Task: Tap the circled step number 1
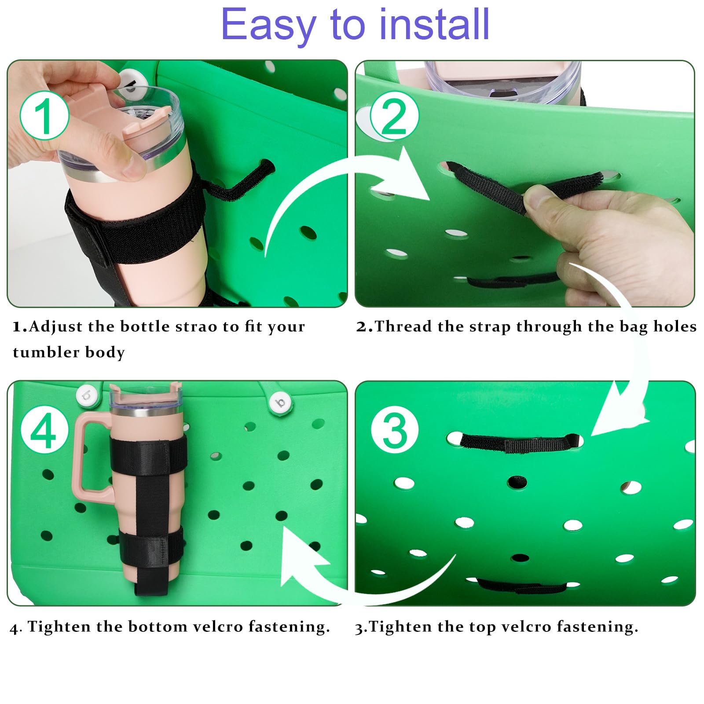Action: tap(44, 116)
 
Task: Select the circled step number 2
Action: tap(394, 116)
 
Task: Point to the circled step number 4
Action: tap(44, 430)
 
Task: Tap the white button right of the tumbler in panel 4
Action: tap(280, 402)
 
